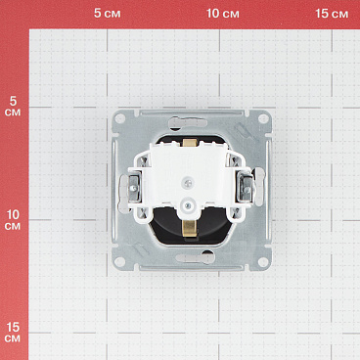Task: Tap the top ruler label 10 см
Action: pyautogui.click(x=224, y=14)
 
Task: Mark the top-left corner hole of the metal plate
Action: pyautogui.click(x=119, y=118)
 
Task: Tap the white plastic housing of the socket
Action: pyautogui.click(x=166, y=166)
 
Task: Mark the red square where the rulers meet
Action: pyautogui.click(x=14, y=14)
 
